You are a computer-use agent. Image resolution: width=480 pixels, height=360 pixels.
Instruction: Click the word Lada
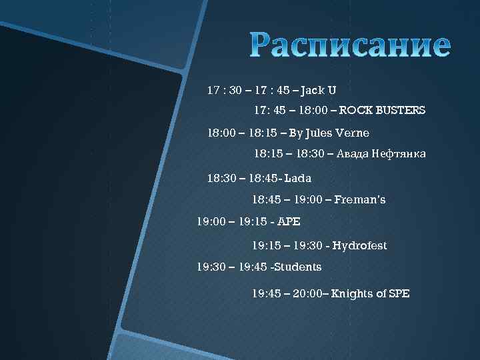[x=297, y=179]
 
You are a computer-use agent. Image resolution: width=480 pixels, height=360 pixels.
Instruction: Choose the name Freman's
[x=360, y=199]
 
